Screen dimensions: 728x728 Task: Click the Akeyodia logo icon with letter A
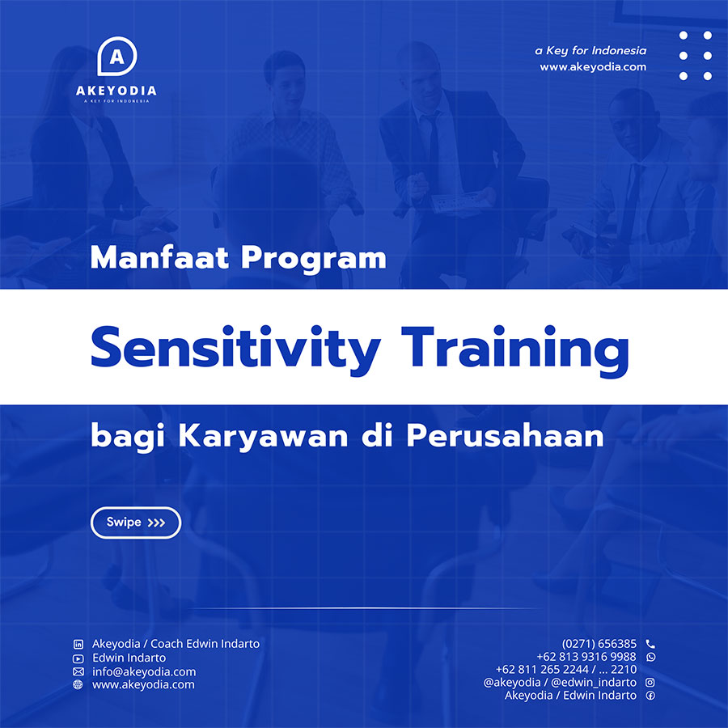[117, 56]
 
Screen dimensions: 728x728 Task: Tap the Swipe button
[136, 523]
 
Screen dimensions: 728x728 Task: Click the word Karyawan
[263, 437]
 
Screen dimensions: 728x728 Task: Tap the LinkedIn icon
[78, 644]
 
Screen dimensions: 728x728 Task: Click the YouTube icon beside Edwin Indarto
[78, 658]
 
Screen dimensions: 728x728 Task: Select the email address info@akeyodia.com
[144, 671]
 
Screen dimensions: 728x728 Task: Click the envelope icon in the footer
[78, 671]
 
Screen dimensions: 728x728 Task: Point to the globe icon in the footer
[78, 684]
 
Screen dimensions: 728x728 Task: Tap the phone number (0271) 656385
[599, 644]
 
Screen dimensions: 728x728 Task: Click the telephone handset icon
[650, 644]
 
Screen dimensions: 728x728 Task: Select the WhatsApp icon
[651, 657]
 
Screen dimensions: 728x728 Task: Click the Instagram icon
[650, 682]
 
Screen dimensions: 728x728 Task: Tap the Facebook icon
[650, 696]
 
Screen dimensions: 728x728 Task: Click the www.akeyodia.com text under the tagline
[593, 67]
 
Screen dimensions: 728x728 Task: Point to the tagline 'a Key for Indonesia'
[590, 51]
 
